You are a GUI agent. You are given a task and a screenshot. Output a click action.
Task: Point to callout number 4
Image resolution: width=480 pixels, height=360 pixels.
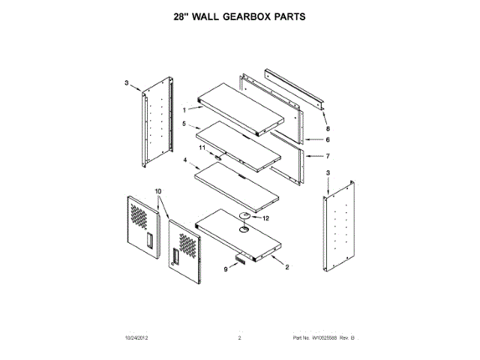point(184,160)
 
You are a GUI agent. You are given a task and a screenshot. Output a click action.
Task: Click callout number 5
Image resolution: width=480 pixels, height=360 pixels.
point(183,124)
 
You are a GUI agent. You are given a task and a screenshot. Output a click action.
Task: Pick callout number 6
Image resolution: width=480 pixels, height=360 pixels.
point(327,139)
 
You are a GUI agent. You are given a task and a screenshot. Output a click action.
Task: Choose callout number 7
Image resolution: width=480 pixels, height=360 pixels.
point(327,156)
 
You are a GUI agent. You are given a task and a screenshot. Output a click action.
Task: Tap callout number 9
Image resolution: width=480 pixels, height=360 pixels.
point(224,268)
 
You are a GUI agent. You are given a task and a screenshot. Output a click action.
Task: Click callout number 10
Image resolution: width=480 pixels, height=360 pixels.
point(158,192)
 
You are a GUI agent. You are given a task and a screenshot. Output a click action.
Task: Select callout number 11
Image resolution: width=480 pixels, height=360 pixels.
point(201,149)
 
